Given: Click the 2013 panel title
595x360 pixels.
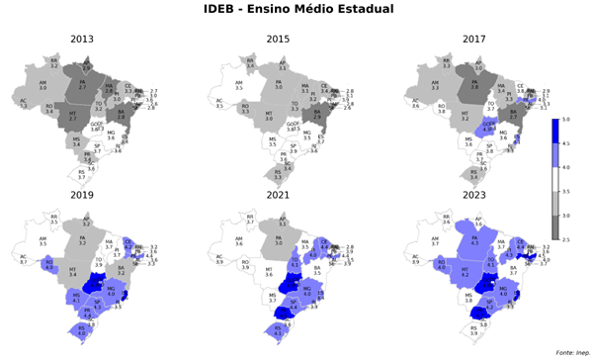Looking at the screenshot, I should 84,40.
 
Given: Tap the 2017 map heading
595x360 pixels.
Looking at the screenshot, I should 476,40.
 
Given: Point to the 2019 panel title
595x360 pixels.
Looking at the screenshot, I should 84,197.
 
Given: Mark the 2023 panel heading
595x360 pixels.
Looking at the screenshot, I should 476,197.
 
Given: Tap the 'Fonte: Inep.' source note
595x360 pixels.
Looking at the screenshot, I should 570,352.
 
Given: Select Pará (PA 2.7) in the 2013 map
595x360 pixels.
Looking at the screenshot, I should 83,85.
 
